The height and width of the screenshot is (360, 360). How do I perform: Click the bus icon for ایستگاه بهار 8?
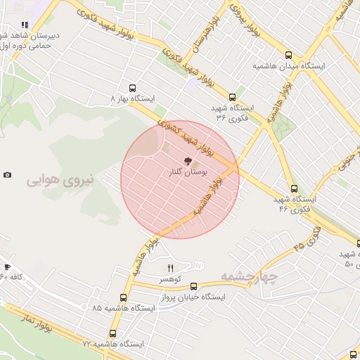[x=133, y=89]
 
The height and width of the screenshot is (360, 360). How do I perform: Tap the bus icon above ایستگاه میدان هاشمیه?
[x=288, y=55]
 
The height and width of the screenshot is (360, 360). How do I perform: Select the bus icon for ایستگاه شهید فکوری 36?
[x=232, y=97]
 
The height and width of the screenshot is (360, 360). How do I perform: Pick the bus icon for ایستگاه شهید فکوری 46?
[x=294, y=188]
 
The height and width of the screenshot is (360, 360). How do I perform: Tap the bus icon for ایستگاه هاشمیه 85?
[x=124, y=297]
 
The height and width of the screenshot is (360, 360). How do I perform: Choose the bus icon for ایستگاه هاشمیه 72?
[x=112, y=334]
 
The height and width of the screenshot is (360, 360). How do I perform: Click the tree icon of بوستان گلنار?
[x=186, y=161]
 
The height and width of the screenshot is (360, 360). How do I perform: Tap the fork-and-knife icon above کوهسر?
[x=170, y=268]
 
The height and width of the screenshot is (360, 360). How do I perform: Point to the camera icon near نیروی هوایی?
[x=7, y=174]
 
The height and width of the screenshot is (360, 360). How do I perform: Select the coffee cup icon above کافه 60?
[x=7, y=266]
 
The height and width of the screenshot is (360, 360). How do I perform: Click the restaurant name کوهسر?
[x=170, y=279]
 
